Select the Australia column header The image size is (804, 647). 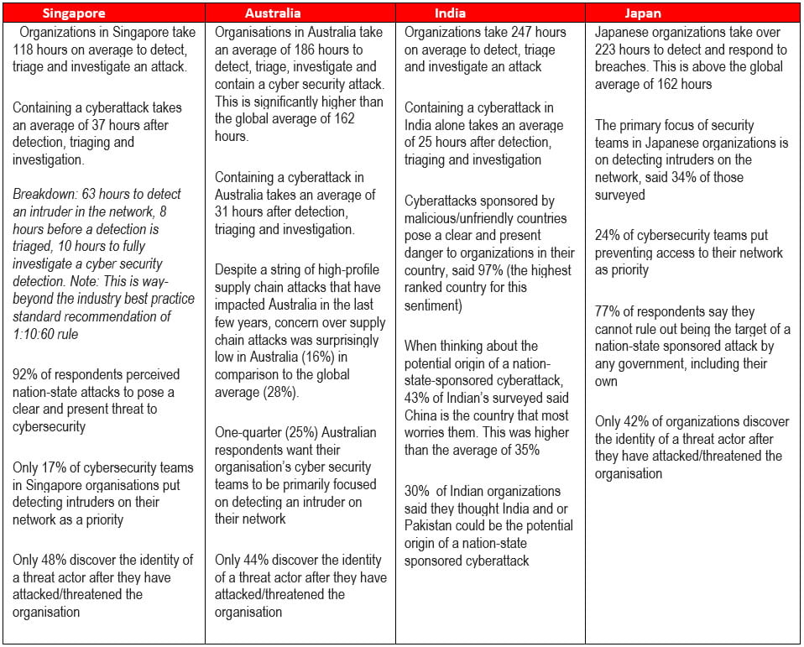coord(274,13)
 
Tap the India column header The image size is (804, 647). coord(450,13)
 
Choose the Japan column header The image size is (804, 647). coord(643,13)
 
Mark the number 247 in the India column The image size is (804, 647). coord(521,33)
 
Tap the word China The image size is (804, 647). coord(421,415)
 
